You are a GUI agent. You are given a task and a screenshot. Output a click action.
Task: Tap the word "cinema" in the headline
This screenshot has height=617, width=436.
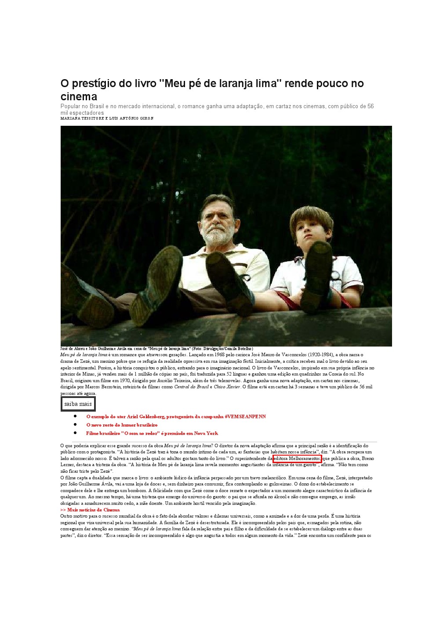(x=79, y=97)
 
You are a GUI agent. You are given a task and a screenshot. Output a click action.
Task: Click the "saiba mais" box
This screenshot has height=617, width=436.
(x=78, y=404)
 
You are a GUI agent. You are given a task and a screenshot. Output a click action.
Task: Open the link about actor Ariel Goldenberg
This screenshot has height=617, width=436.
(x=176, y=416)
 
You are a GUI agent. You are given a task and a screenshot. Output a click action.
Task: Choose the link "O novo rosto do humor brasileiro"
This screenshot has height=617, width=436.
(x=122, y=425)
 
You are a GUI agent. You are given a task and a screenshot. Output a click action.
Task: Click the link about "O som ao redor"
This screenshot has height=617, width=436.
(x=152, y=433)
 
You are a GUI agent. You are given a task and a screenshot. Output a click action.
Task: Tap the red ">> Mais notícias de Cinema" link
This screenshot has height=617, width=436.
(x=90, y=510)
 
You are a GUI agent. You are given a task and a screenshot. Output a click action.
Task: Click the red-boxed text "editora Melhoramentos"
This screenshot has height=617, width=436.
(x=297, y=459)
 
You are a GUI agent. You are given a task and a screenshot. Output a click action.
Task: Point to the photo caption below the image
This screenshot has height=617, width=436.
(x=156, y=349)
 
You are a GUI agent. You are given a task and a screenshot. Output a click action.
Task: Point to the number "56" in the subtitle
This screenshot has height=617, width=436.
(x=371, y=106)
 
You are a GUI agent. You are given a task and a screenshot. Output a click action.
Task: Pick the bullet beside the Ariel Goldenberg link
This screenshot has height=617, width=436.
(x=75, y=416)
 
